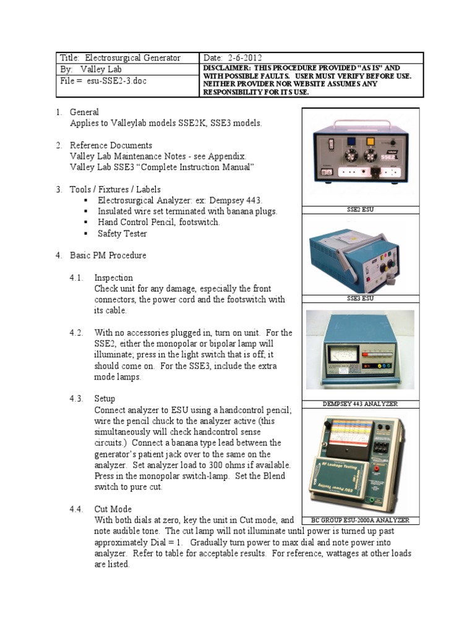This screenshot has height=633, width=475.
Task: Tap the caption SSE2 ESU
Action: (x=360, y=210)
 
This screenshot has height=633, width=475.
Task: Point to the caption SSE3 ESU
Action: (x=360, y=299)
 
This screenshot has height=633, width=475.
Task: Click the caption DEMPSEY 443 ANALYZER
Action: (x=360, y=404)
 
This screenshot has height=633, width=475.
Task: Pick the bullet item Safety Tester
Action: (x=122, y=234)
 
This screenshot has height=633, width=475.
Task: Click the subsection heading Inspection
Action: (x=113, y=278)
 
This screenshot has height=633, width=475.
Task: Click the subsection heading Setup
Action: (x=105, y=399)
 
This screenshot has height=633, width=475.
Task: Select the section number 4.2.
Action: (x=76, y=333)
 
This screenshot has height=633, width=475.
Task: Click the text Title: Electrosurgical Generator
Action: (x=120, y=58)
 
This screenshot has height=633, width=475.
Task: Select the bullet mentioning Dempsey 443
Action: (x=180, y=200)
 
